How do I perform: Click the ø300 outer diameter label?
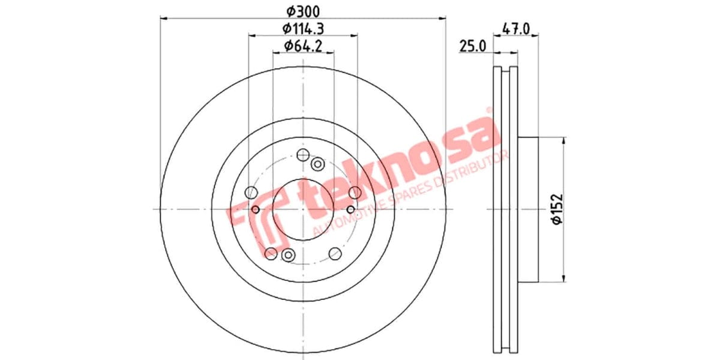[303, 11]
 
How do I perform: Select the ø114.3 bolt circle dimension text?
[303, 28]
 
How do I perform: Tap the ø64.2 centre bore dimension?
[303, 45]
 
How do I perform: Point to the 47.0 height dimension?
[516, 28]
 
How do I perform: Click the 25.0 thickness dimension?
[473, 45]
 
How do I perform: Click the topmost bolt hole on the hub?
[304, 155]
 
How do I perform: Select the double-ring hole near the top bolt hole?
[317, 163]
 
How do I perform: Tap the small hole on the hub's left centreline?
[256, 209]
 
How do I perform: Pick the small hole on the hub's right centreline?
[351, 209]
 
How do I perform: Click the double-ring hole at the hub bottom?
[288, 255]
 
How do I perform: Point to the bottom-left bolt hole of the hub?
[271, 253]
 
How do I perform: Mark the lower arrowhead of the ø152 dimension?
[564, 277]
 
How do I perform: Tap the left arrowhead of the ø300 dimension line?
[164, 18]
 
